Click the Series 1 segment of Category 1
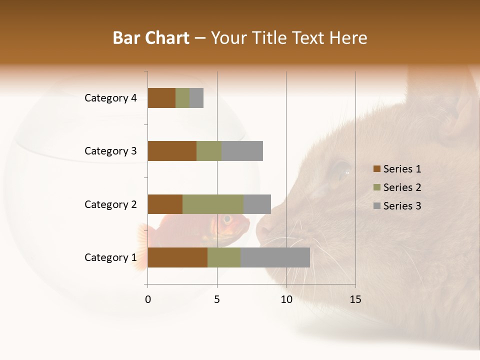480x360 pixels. (x=177, y=257)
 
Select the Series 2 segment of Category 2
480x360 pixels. (x=213, y=204)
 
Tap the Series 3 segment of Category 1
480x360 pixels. (x=275, y=257)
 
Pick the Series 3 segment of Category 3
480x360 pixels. (x=242, y=151)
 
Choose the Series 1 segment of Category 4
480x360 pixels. (x=161, y=98)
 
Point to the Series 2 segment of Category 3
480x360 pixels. (x=209, y=151)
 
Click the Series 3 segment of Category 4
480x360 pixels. (x=196, y=98)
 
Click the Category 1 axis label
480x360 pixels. (x=110, y=257)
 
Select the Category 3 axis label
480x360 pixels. (x=110, y=151)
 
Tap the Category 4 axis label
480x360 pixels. (x=110, y=98)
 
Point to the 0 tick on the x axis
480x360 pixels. (x=148, y=299)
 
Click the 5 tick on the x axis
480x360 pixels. (x=217, y=299)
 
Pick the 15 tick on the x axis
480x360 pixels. (x=355, y=299)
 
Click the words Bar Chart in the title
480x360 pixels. (x=151, y=38)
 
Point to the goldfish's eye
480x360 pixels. (x=227, y=219)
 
